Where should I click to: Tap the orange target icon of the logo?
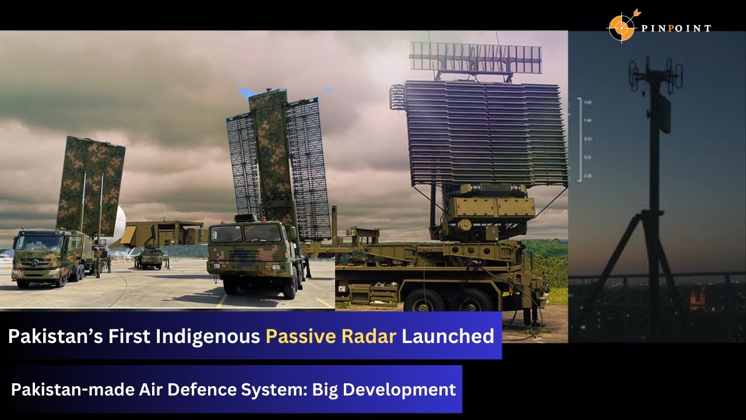click(x=621, y=26)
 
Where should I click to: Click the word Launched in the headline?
click(x=448, y=336)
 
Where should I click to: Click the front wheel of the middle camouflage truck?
click(x=230, y=284)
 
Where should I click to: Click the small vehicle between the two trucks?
click(x=152, y=257)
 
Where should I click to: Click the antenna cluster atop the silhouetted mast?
click(x=655, y=74)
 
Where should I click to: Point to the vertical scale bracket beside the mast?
click(x=581, y=140)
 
